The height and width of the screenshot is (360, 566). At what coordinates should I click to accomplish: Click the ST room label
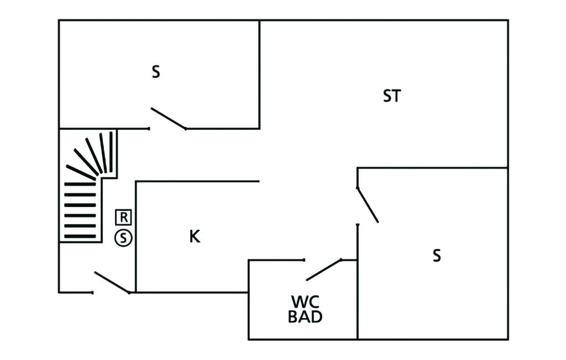click(x=391, y=96)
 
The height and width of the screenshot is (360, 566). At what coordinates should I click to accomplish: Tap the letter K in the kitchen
click(x=194, y=236)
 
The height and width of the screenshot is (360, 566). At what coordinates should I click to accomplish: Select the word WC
click(x=305, y=302)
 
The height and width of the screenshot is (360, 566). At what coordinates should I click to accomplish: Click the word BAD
click(x=305, y=317)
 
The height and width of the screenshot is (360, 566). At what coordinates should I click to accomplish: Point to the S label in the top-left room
click(x=156, y=72)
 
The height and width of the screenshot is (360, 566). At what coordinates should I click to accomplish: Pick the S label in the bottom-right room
click(x=437, y=256)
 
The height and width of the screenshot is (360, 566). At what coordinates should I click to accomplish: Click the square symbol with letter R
click(x=124, y=216)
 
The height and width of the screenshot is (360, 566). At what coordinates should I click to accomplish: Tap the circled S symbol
click(x=124, y=238)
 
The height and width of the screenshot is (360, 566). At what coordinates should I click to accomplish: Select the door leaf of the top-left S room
click(x=168, y=118)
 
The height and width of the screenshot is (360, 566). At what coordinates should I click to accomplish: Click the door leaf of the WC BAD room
click(x=323, y=269)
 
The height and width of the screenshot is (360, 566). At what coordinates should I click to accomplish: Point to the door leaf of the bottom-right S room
click(x=368, y=205)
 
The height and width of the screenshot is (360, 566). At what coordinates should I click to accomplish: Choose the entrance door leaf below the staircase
click(x=112, y=282)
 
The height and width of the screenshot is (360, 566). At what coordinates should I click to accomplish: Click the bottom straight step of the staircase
click(x=80, y=236)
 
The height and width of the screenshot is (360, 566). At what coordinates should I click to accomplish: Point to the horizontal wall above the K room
click(x=197, y=181)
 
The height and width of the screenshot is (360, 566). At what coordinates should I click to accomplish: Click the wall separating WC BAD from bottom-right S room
click(x=358, y=298)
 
